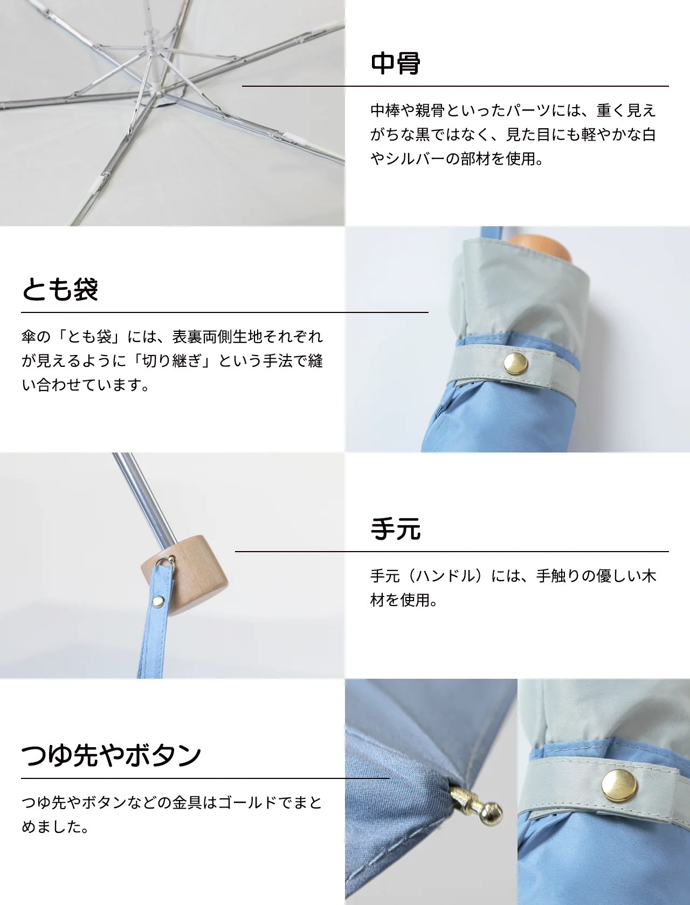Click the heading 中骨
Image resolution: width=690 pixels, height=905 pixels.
click(395, 64)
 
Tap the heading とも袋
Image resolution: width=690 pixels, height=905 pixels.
click(60, 289)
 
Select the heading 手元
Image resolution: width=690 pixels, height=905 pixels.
click(395, 529)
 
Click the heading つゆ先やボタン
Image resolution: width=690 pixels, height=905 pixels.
click(111, 755)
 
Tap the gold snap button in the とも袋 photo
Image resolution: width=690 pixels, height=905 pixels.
click(515, 364)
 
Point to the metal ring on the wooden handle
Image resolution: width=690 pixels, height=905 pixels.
click(169, 561)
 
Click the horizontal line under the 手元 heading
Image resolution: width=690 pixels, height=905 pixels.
click(452, 551)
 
